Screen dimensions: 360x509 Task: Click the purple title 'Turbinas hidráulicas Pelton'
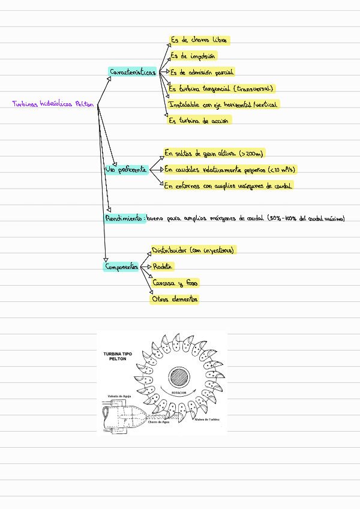[53, 104]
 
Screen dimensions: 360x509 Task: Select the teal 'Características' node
[133, 72]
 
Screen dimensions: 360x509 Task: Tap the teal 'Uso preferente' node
[126, 170]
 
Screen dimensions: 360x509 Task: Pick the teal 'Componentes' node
[121, 267]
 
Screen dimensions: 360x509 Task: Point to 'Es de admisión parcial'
[202, 72]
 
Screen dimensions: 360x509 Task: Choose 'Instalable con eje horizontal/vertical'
[224, 104]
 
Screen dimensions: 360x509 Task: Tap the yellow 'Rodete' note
[163, 266]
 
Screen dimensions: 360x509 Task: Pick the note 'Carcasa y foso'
[175, 283]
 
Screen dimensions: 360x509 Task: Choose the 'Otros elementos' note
[175, 299]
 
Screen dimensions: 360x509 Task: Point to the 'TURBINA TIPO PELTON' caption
[118, 357]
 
